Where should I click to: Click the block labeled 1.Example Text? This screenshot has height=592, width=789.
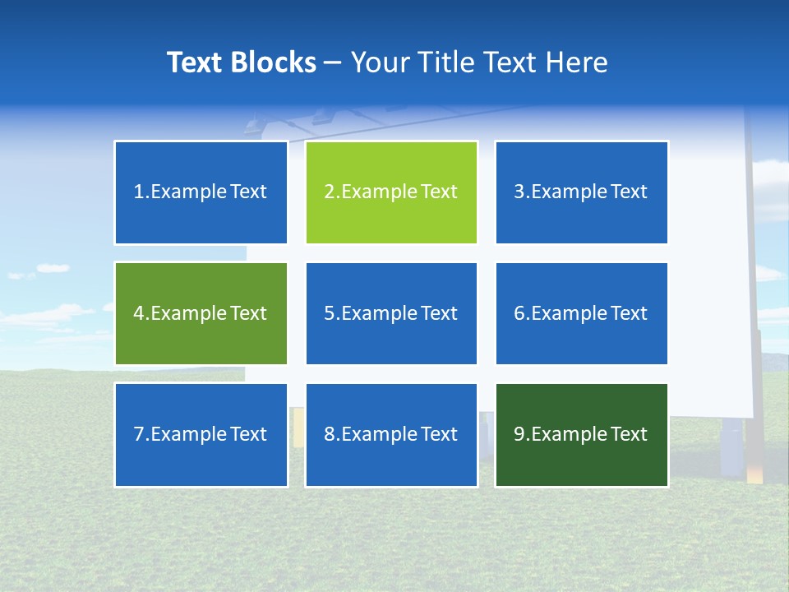point(201,192)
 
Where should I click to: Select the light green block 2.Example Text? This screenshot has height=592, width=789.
point(391,192)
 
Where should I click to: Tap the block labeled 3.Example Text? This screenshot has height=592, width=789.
point(581,192)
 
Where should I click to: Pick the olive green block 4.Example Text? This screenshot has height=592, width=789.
point(201,313)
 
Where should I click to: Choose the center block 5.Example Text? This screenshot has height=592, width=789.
point(391,313)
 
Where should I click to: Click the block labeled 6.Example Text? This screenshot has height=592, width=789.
point(581,313)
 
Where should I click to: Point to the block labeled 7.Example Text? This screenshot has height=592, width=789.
point(201,434)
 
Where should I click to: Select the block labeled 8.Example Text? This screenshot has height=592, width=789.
point(391,434)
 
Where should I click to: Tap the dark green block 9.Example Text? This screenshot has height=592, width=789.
point(581,434)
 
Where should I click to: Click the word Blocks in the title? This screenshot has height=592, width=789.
point(274,62)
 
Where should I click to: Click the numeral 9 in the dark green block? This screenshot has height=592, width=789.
point(519,434)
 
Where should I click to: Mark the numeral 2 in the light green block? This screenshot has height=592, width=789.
point(329,192)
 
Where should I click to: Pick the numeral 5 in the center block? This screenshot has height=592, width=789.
point(329,313)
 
